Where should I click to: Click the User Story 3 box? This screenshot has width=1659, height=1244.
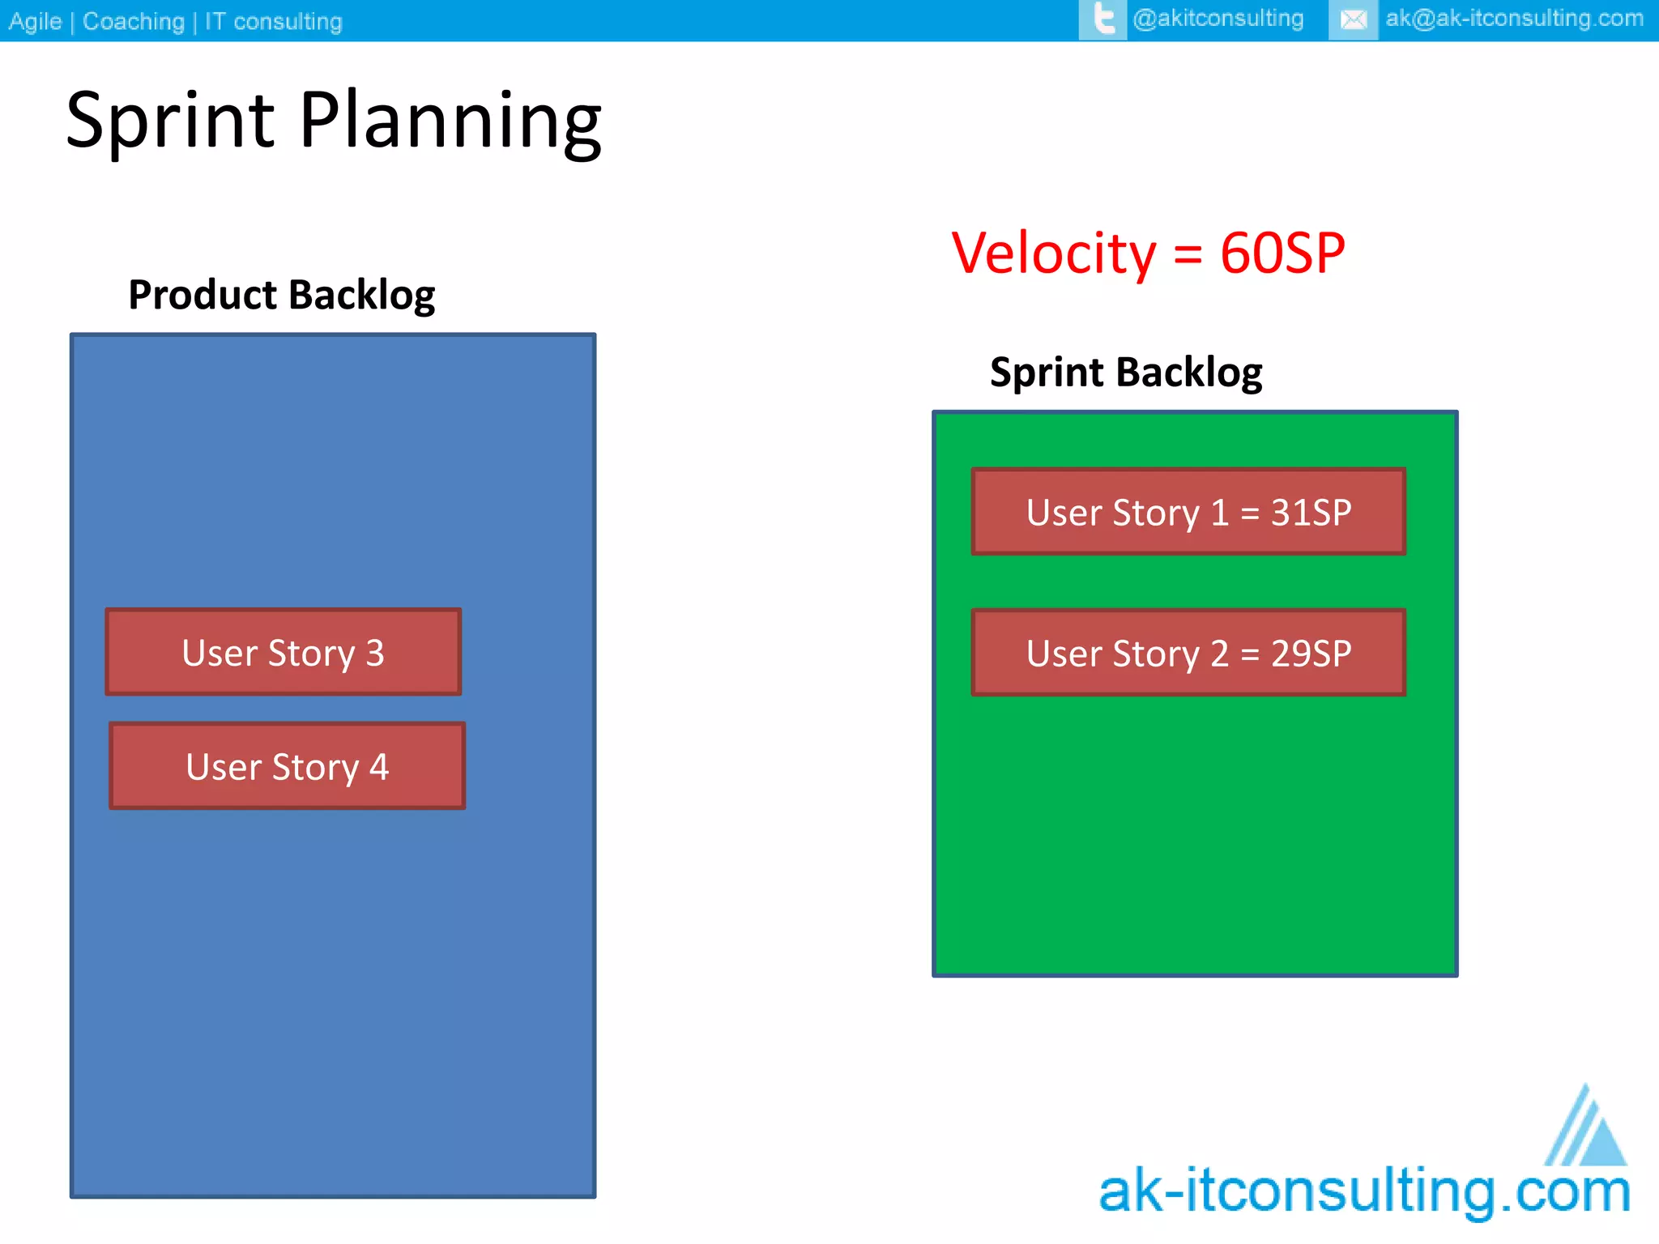tap(284, 652)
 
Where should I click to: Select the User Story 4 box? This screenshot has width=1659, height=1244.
tap(288, 766)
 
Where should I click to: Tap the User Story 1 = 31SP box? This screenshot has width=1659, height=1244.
tap(1188, 512)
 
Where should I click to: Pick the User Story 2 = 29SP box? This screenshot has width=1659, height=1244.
tap(1188, 653)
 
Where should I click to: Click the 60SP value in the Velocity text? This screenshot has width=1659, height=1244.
tap(1282, 253)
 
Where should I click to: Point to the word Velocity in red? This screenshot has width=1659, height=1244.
tap(1054, 253)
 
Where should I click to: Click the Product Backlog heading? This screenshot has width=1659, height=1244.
tap(281, 295)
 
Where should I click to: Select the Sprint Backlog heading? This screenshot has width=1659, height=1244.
tap(1126, 373)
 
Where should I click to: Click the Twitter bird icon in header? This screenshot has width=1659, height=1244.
tap(1102, 19)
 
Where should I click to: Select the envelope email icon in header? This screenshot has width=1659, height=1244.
tap(1353, 19)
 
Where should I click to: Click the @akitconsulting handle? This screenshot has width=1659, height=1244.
tap(1218, 19)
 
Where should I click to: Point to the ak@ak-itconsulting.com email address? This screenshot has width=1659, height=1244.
tap(1514, 19)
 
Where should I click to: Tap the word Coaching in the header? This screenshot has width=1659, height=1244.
tap(134, 21)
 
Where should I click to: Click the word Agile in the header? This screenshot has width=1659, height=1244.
tap(35, 21)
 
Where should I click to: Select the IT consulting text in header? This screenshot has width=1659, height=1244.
tap(273, 21)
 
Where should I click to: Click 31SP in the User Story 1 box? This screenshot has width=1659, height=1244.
tap(1311, 512)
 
